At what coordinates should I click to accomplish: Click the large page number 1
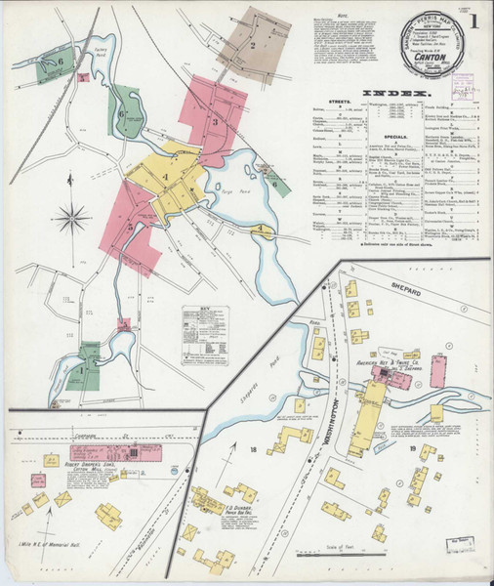[x=473, y=21]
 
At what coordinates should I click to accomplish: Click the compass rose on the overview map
[x=71, y=217]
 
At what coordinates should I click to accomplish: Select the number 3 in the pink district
[x=215, y=122]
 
